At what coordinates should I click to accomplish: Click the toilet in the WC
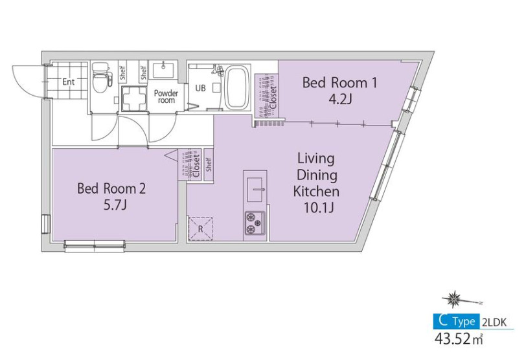click(100, 77)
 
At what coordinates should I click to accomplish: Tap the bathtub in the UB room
click(236, 88)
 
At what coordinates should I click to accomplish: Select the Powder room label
click(166, 96)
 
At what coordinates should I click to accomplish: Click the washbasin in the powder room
click(163, 70)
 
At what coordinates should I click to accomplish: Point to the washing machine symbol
click(134, 98)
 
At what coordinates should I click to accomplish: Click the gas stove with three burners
click(255, 223)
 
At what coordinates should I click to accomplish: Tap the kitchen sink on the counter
click(255, 190)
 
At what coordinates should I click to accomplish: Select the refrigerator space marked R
click(201, 229)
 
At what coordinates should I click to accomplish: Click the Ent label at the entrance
click(68, 82)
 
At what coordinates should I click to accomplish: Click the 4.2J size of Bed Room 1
click(340, 99)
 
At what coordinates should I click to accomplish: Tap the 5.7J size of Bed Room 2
click(115, 205)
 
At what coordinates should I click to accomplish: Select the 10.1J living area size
click(319, 208)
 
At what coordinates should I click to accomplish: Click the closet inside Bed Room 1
click(266, 95)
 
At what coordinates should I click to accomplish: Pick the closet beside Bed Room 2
click(190, 164)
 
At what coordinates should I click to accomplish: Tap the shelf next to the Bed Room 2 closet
click(209, 164)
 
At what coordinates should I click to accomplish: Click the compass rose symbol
click(454, 299)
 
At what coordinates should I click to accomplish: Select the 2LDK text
click(495, 322)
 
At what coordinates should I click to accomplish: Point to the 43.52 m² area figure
click(459, 339)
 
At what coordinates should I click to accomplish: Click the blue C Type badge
click(457, 322)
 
